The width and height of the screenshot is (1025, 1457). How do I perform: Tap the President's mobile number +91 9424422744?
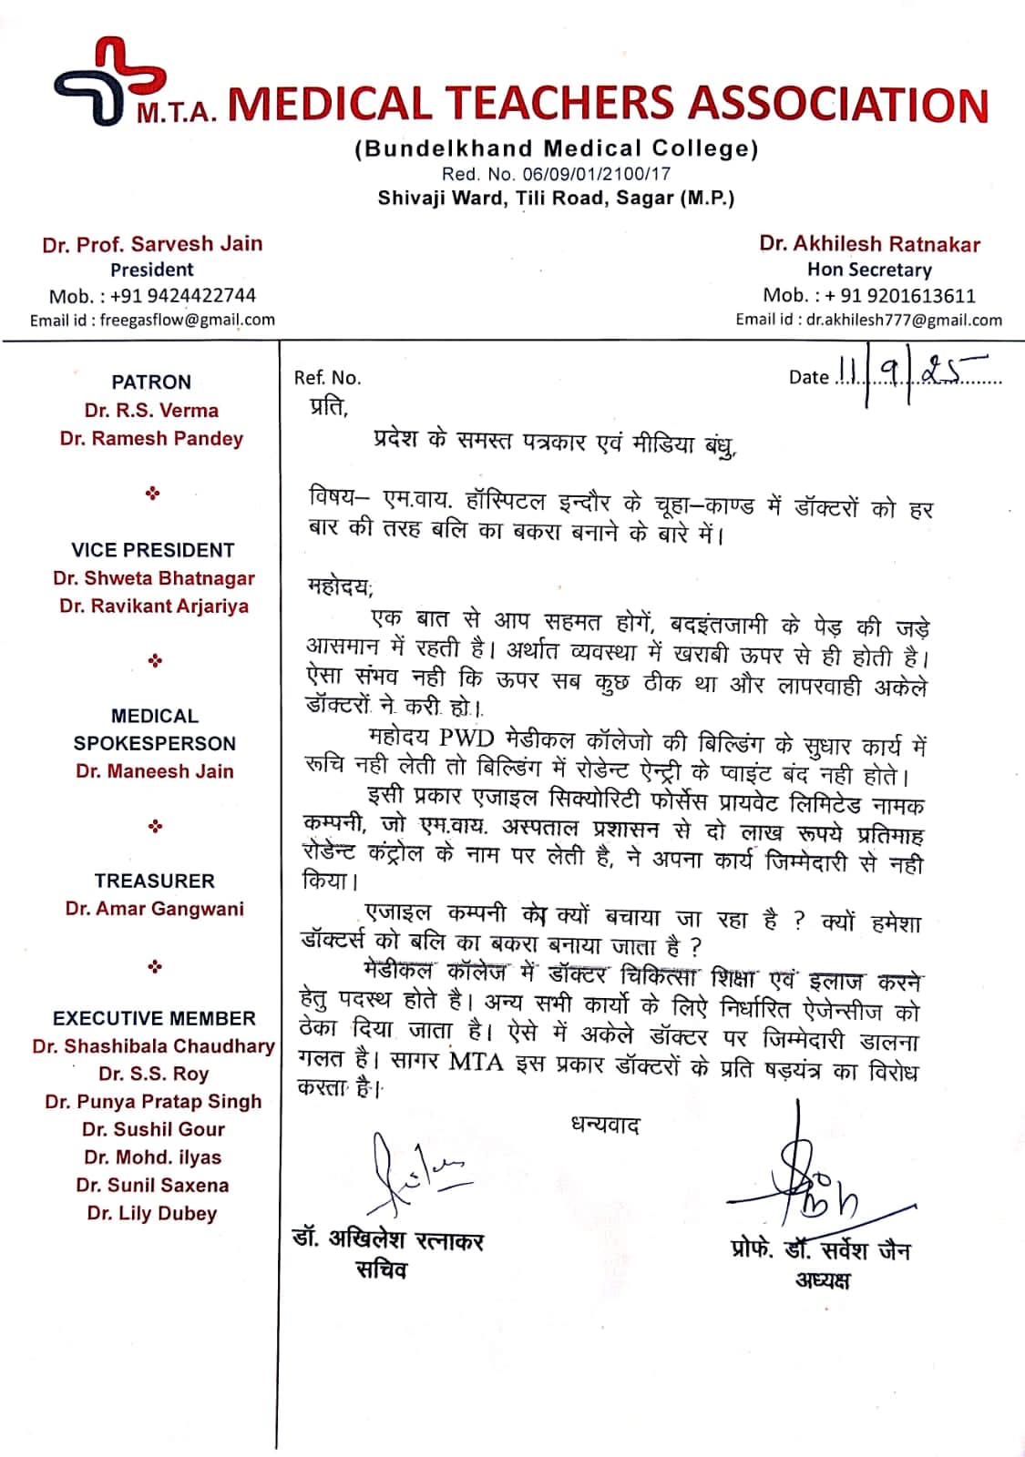[x=183, y=295]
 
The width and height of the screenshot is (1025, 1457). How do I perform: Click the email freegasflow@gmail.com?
[x=187, y=320]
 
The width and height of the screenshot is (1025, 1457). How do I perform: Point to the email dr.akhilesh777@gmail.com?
[x=904, y=320]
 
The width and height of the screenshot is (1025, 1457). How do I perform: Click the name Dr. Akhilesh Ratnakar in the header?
[x=869, y=244]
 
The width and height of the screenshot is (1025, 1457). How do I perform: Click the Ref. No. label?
[x=327, y=378]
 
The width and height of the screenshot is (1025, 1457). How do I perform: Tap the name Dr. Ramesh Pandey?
[x=152, y=439]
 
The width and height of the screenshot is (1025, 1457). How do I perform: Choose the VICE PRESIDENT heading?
[x=153, y=550]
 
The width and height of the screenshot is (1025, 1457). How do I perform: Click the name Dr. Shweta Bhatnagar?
[x=153, y=578]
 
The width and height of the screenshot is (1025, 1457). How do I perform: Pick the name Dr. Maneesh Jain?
[x=155, y=771]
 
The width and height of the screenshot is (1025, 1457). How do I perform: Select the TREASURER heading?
[x=154, y=881]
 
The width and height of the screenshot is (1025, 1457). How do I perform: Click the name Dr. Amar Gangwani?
[x=154, y=909]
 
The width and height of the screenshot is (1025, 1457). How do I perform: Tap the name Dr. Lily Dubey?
[x=152, y=1213]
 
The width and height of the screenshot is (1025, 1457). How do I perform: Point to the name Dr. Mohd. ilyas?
[x=152, y=1157]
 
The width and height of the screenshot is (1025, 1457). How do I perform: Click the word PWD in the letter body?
[x=466, y=738]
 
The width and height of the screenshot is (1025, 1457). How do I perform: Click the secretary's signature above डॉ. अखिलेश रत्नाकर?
[x=410, y=1175]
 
